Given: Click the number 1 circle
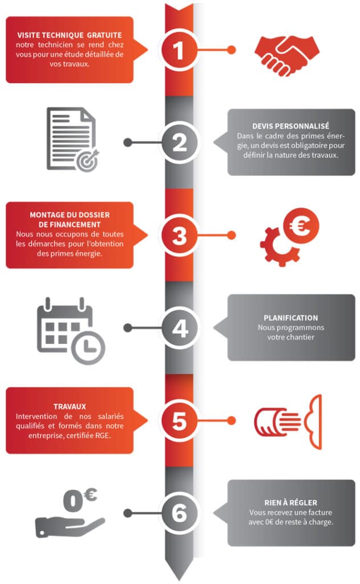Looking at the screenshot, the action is (x=179, y=50).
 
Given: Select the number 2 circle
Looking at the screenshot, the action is (x=179, y=142).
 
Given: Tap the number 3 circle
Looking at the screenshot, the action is (x=179, y=235).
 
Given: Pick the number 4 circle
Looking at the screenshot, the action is (x=179, y=328).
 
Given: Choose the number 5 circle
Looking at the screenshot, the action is (x=179, y=420).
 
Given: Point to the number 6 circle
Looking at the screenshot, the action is (x=179, y=513).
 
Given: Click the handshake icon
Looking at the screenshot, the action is (x=287, y=55).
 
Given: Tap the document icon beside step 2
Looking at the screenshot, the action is (x=71, y=139).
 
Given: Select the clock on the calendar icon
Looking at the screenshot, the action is (x=88, y=347).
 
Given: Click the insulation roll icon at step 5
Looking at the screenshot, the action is (x=288, y=421).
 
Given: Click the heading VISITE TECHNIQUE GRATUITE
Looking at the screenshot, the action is (x=69, y=35).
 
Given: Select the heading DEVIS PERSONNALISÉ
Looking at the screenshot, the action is (x=291, y=126).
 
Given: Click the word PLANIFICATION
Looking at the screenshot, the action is (x=291, y=318).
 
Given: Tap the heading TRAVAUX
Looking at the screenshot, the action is (x=70, y=406).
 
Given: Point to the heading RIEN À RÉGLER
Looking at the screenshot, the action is (x=291, y=502).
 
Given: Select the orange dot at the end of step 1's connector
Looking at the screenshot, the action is (x=232, y=50).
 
